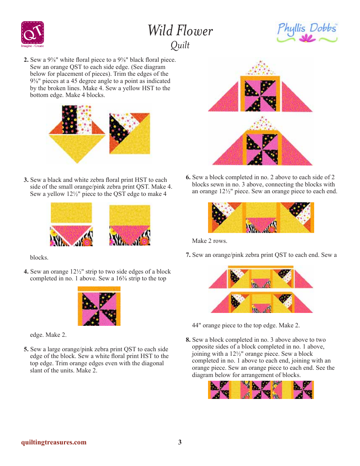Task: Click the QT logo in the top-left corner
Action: tap(32, 33)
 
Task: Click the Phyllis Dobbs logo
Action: tap(307, 33)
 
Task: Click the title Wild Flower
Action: tap(180, 31)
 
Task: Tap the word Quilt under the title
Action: tap(180, 45)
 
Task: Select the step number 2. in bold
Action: tap(26, 60)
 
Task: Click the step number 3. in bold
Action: tap(26, 180)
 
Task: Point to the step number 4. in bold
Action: tap(26, 272)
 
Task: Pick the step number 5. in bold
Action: tap(26, 349)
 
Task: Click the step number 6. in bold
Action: tap(188, 177)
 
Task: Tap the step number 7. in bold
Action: tap(188, 255)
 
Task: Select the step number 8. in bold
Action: tap(188, 340)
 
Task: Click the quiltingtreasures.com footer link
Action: tap(54, 442)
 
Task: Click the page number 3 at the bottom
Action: tap(180, 442)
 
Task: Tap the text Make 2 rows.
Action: tap(210, 241)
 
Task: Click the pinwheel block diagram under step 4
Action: tap(99, 306)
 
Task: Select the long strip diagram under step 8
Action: tap(261, 390)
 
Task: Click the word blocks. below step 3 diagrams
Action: tap(39, 258)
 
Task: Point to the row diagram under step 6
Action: tap(261, 217)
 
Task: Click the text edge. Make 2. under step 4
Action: tap(48, 335)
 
